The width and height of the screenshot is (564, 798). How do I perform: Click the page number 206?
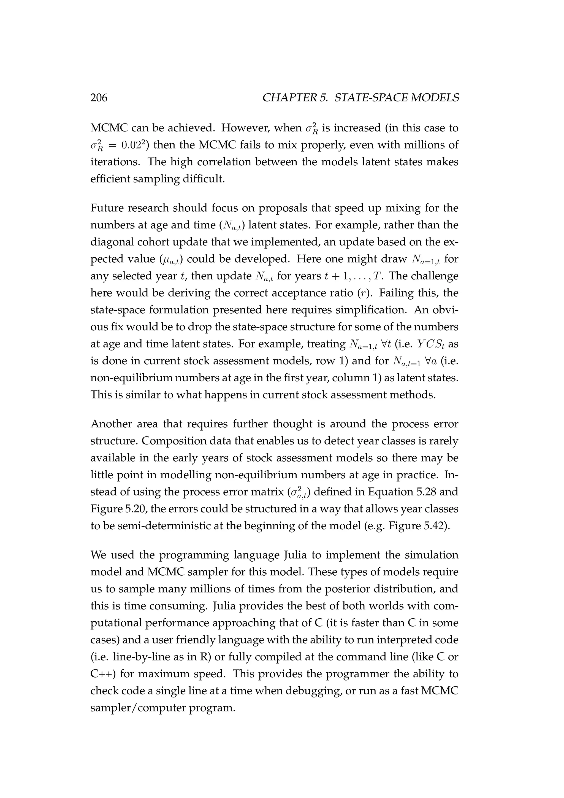pyautogui.click(x=99, y=98)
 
